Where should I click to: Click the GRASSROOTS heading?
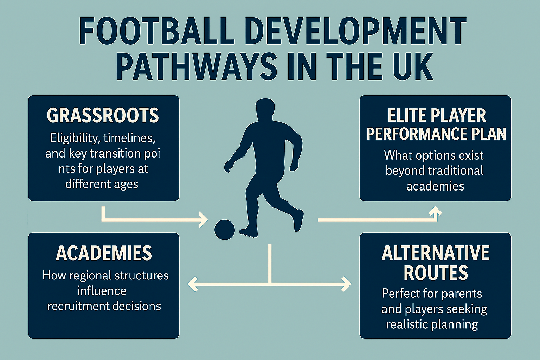pos(103,115)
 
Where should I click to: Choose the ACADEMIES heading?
pos(104,253)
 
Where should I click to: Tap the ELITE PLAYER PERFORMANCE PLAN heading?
pos(436,125)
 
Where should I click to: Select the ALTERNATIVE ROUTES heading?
pos(436,263)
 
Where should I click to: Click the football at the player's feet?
pos(225,230)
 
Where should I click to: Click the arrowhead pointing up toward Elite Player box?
pos(436,211)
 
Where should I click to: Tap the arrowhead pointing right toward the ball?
pos(204,220)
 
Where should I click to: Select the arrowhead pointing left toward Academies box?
pos(193,283)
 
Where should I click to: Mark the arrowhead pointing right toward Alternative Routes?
pos(346,283)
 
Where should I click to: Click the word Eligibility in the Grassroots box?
pos(73,137)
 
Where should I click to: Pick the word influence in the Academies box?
pos(102,291)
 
